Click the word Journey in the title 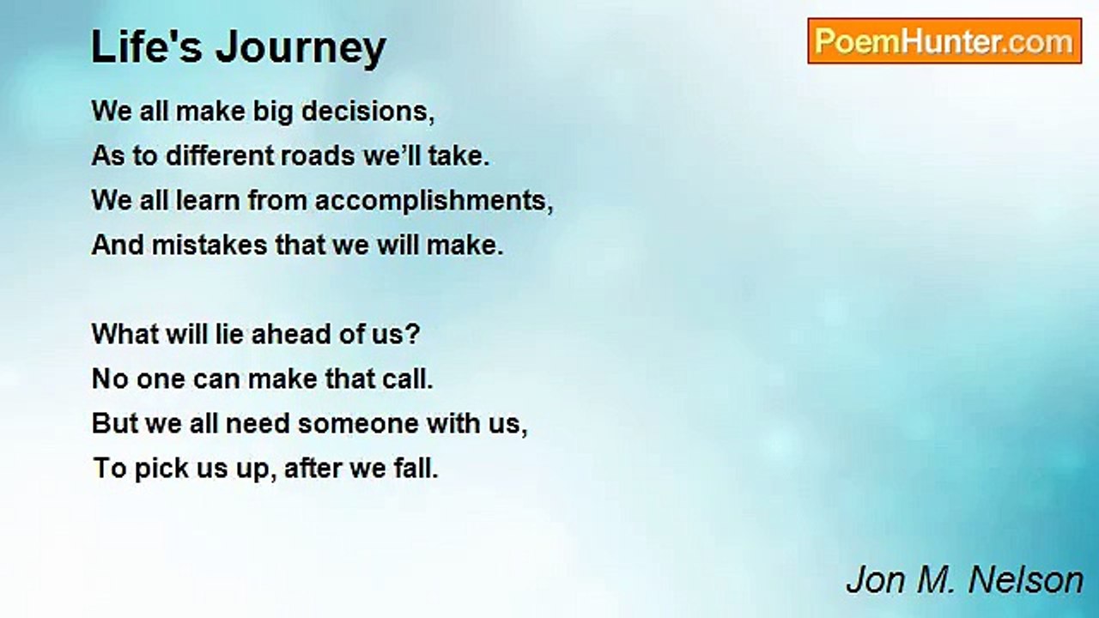(301, 48)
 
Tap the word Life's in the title (147, 46)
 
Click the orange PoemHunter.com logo (944, 41)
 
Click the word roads (317, 156)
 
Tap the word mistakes (209, 245)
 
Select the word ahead (291, 334)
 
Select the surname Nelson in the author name (1025, 580)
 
